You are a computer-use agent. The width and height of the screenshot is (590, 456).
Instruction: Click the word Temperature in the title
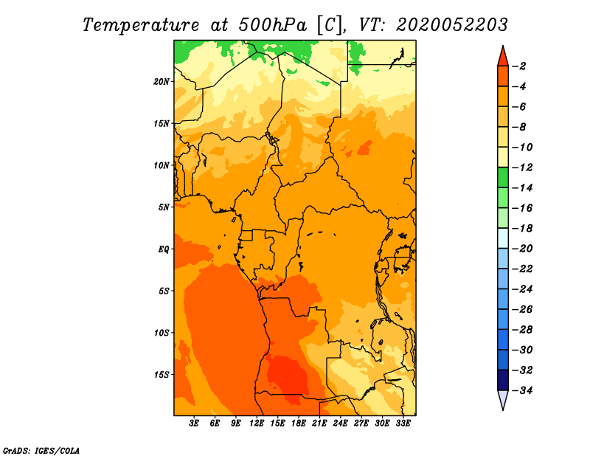[141, 25]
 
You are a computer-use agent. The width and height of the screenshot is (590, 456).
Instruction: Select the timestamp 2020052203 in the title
[452, 25]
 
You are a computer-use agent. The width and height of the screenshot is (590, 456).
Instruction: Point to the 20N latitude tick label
[162, 82]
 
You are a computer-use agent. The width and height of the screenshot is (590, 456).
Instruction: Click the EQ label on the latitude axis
[163, 249]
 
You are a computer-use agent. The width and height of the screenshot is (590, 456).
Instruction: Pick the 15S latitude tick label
[162, 375]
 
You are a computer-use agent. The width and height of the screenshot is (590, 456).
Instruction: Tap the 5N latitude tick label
[164, 207]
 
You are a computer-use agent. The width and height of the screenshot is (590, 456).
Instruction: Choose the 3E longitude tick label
[194, 424]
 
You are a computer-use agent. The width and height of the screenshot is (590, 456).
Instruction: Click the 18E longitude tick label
[299, 424]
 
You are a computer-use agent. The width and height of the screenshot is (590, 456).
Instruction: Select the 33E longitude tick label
[403, 424]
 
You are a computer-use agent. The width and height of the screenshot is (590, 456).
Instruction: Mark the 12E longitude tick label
[257, 424]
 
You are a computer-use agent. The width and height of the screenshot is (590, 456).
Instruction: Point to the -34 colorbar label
[522, 390]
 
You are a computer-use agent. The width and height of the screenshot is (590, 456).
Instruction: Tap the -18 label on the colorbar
[522, 228]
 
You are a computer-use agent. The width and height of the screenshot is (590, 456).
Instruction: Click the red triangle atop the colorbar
[503, 56]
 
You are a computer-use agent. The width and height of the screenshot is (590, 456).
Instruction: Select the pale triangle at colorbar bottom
[503, 400]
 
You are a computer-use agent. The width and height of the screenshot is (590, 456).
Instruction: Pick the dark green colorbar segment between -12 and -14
[503, 177]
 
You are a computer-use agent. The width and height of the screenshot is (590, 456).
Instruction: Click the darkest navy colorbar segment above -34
[503, 380]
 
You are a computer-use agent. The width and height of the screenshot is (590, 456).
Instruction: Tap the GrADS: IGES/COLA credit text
[41, 450]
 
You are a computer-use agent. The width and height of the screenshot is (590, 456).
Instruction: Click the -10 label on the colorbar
[522, 148]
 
